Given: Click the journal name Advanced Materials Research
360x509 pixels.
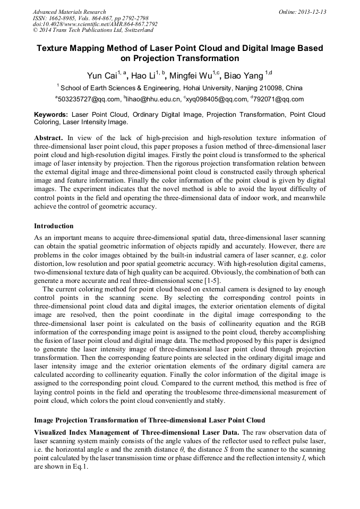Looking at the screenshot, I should tap(69, 12).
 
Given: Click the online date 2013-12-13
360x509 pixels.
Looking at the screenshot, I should tap(312, 12).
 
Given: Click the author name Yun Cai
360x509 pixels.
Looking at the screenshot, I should tap(102, 75).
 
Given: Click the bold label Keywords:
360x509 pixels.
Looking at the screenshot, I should tap(51, 115).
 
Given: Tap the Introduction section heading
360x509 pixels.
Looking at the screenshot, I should tap(54, 226).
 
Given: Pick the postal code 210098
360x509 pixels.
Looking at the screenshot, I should tap(272, 88).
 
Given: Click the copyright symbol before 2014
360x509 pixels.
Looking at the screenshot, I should tap(35, 31).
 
